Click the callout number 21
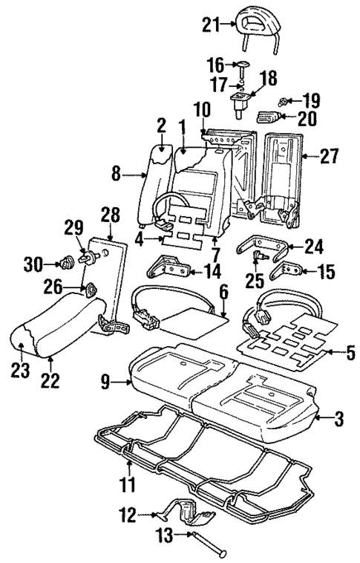coord(211,27)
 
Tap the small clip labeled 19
coord(284,100)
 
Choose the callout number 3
coord(338,421)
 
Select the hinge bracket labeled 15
coord(284,272)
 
